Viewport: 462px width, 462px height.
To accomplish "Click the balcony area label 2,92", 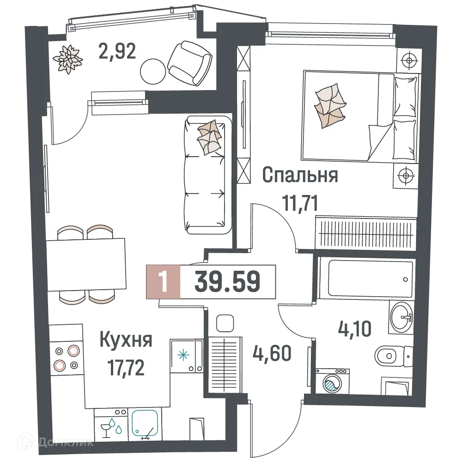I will point(117,51).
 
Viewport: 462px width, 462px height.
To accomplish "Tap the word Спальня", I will point(300,176).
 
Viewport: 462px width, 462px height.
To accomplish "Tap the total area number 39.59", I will point(227,281).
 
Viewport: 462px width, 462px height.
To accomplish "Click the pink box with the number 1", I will point(162,281).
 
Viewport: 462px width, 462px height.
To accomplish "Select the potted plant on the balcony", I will point(68,58).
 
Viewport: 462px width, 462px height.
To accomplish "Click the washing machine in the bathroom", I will point(331,381).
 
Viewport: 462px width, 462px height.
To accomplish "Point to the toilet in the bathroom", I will point(393,356).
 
